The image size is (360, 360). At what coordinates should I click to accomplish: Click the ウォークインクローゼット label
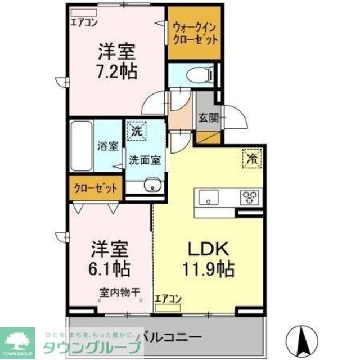click(195, 33)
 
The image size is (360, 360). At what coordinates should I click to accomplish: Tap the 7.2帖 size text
click(118, 73)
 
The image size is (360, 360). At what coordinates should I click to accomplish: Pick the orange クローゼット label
click(95, 188)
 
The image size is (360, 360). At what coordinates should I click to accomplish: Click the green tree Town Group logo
click(17, 337)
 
